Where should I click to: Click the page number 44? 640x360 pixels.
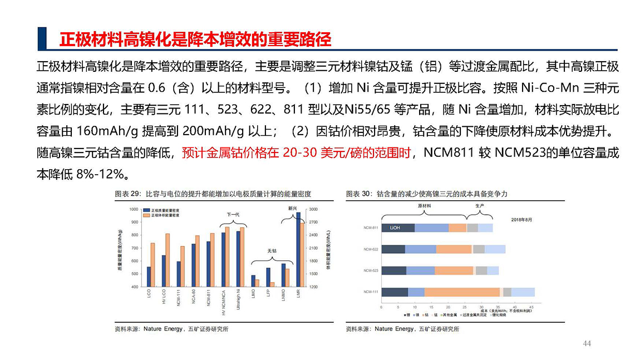point(587,343)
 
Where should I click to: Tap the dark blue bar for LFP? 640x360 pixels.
point(268,277)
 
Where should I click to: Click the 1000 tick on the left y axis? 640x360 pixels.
point(134,209)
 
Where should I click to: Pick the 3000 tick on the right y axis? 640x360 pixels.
point(313,209)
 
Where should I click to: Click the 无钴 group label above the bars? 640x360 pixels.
point(272,251)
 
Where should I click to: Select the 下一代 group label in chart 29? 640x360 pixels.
point(233,214)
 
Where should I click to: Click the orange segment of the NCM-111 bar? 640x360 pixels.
point(462,292)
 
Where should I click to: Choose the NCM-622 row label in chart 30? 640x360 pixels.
point(371,249)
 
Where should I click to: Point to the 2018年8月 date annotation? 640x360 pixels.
point(521,220)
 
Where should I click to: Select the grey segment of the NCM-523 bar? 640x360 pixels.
point(481,270)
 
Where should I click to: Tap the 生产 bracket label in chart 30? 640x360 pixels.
point(479,206)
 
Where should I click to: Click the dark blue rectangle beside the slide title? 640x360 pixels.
point(41,38)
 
